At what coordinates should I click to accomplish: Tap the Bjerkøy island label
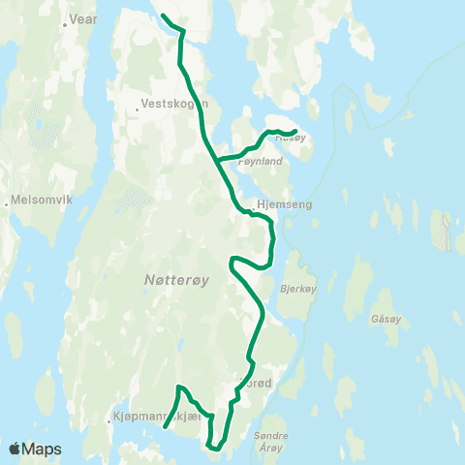298,289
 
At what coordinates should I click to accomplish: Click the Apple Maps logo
35,449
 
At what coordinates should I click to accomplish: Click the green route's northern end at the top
162,16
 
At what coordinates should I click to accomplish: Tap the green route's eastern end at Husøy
294,132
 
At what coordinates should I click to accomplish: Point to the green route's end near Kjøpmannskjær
165,426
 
